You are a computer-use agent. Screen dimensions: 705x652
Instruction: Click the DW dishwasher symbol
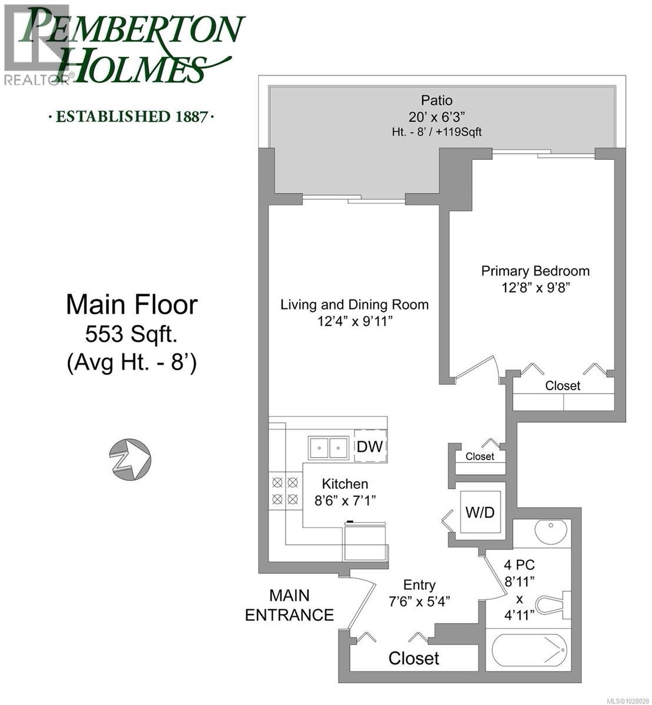pos(370,446)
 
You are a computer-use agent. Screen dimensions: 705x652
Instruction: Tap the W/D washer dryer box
pos(480,512)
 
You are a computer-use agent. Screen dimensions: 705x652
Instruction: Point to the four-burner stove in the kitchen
pos(285,491)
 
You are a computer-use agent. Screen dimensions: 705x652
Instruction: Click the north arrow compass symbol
pos(130,459)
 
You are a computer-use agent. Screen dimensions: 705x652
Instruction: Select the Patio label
pos(436,100)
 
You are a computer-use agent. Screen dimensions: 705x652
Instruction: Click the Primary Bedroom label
pos(535,271)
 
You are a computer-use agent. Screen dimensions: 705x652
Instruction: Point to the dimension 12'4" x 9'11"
pos(354,321)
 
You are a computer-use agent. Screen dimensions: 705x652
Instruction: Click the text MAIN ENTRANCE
pos(289,605)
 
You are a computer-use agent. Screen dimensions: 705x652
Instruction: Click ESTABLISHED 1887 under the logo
pos(131,116)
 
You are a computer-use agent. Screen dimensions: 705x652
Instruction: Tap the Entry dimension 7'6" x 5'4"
pos(419,602)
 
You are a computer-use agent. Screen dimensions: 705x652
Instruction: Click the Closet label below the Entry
pos(414,658)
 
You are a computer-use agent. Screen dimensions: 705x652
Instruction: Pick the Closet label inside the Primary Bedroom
pos(563,386)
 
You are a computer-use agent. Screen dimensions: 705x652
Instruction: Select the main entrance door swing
pos(362,605)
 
